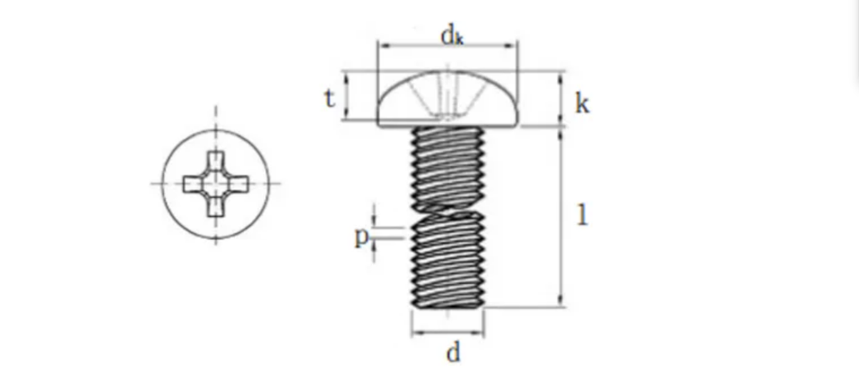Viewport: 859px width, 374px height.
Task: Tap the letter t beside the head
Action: pyautogui.click(x=329, y=98)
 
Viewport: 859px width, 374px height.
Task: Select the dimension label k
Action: pyautogui.click(x=582, y=104)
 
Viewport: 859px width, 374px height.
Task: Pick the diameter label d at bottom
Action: pyautogui.click(x=452, y=353)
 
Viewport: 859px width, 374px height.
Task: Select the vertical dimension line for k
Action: pyautogui.click(x=560, y=99)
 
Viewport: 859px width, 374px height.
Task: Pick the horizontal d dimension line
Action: pyautogui.click(x=447, y=334)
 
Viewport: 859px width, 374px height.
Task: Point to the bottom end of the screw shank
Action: pyautogui.click(x=448, y=307)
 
